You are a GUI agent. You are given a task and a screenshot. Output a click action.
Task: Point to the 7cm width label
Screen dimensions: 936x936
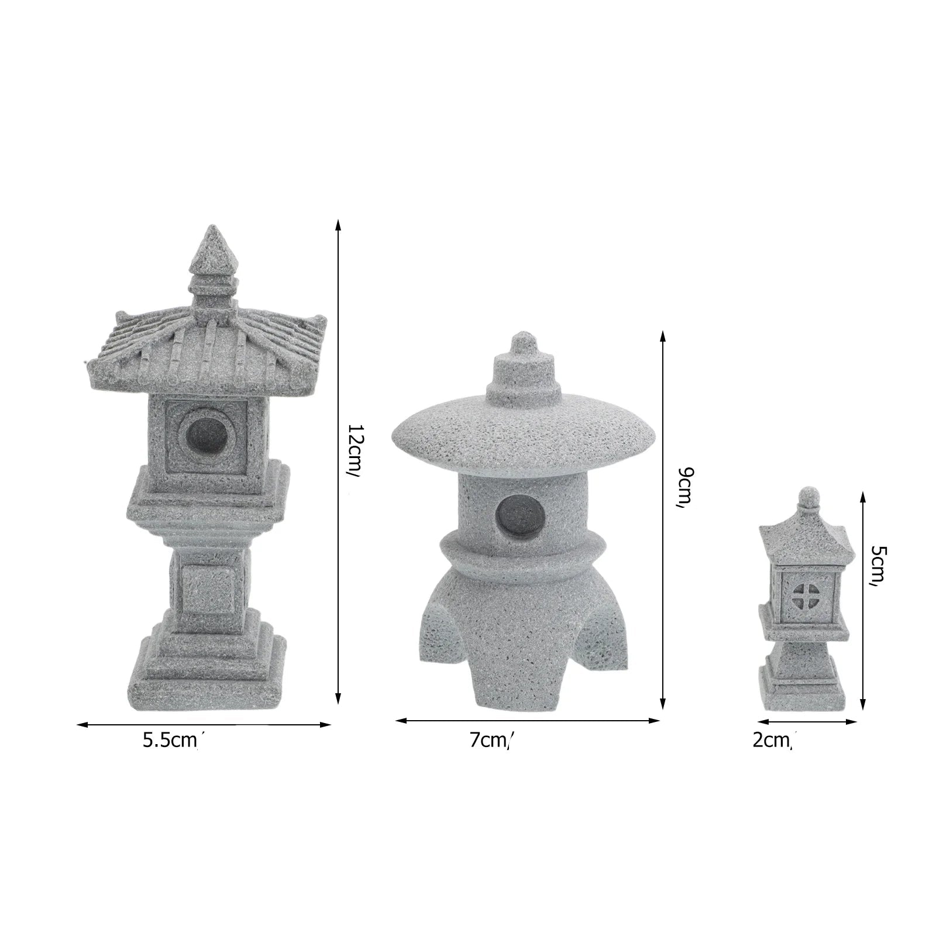pyautogui.click(x=491, y=741)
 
